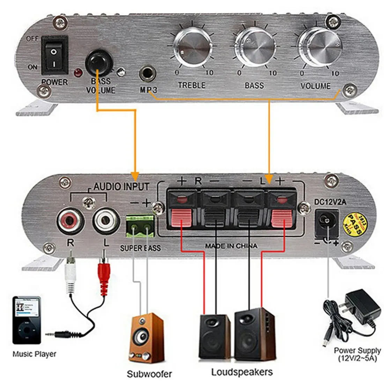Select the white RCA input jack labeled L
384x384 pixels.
tap(104, 221)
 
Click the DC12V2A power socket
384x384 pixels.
tap(327, 221)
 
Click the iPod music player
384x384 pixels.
tap(27, 320)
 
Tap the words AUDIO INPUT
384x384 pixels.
tap(121, 187)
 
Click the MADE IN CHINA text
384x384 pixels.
tap(231, 246)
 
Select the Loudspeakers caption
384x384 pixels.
tap(242, 372)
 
